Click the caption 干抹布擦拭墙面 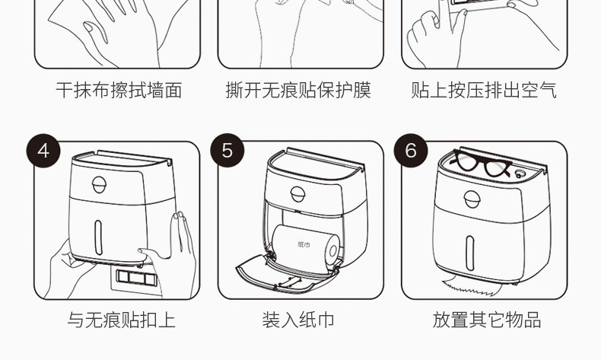(x=119, y=91)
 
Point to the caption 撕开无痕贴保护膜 (x=298, y=91)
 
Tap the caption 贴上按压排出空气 (x=484, y=91)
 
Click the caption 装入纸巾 (x=298, y=320)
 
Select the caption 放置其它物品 (x=487, y=320)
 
